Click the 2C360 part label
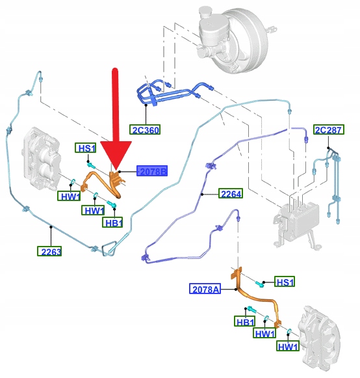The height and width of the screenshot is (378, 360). coord(145,129)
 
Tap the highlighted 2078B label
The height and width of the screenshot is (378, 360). coord(152,171)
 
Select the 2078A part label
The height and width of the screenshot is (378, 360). coord(205,289)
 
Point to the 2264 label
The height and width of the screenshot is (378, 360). coord(231,194)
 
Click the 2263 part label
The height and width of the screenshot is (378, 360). coord(49,251)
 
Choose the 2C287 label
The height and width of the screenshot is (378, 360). coord(329,129)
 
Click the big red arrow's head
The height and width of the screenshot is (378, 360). coord(116,154)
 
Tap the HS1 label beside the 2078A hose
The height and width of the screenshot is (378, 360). coord(285,282)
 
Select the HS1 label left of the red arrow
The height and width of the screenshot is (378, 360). coord(86,148)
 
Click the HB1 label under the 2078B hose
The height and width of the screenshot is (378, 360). coord(112,223)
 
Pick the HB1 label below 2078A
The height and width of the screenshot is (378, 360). coord(244,321)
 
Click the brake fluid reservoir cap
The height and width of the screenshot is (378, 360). coord(205,11)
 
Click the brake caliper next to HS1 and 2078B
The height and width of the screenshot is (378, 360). coord(41,158)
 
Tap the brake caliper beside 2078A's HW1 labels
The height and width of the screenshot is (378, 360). coord(319,340)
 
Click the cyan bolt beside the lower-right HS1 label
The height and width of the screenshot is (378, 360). coord(259,284)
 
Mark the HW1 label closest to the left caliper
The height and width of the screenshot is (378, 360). coord(69,196)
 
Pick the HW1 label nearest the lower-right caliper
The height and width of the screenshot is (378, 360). coord(288,346)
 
